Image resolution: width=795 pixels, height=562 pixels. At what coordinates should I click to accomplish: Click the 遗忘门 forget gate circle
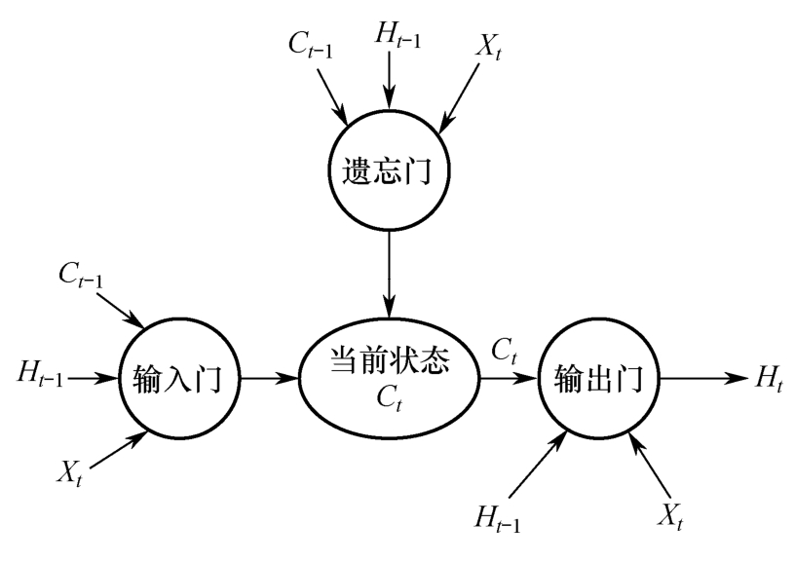389,172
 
